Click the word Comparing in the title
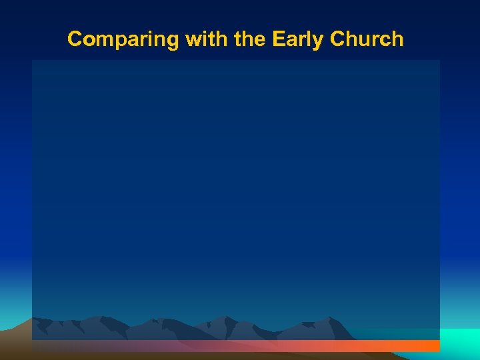pyautogui.click(x=123, y=39)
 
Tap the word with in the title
pyautogui.click(x=206, y=39)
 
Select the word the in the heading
pyautogui.click(x=249, y=39)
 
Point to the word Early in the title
pyautogui.click(x=297, y=39)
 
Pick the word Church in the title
pyautogui.click(x=365, y=39)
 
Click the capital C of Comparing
pyautogui.click(x=75, y=39)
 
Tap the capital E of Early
pyautogui.click(x=277, y=39)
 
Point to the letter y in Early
pyautogui.click(x=316, y=41)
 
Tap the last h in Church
pyautogui.click(x=397, y=39)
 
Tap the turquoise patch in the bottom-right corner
pyautogui.click(x=460, y=340)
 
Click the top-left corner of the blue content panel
pyautogui.click(x=33, y=61)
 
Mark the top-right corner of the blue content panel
pyautogui.click(x=439, y=61)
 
